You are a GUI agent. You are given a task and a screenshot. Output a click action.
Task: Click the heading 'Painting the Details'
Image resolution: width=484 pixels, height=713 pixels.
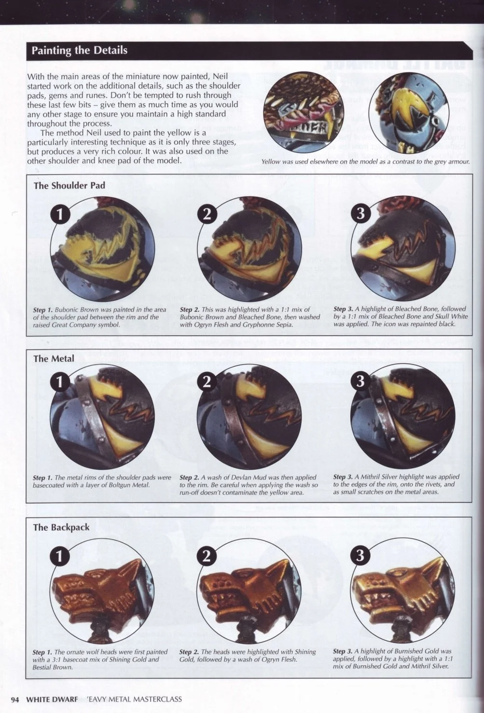point(79,50)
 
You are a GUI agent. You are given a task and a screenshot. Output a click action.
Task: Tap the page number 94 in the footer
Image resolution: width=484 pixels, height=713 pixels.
point(15,699)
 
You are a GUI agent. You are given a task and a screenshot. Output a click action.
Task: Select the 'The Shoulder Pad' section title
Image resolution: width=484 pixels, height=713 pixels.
point(69,186)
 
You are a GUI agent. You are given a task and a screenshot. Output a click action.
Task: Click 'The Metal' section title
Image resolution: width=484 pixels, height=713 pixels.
point(54,359)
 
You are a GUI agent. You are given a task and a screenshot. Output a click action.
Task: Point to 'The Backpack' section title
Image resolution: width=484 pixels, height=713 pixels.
point(61,527)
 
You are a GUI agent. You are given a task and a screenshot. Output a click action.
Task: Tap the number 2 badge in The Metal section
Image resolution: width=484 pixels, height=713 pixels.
point(207,381)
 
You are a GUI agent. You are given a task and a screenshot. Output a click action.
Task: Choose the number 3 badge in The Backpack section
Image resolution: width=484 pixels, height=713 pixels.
point(360,556)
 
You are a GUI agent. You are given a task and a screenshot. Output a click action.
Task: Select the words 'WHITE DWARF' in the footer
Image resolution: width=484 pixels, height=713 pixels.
point(52,699)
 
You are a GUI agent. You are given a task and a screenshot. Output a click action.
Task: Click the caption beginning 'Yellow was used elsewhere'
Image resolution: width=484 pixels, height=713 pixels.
point(366,162)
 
